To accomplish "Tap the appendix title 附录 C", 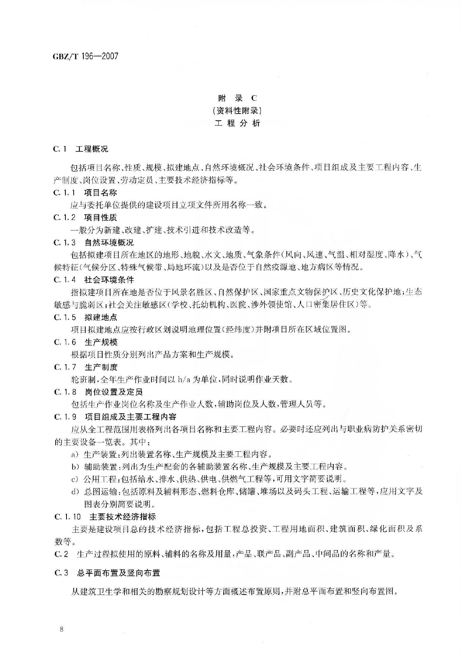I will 238,98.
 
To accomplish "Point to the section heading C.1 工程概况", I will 81,149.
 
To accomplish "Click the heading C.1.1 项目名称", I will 85,193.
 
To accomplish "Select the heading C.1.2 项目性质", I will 85,217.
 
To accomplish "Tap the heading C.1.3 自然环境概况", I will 94,243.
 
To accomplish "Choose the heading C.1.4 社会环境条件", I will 94,280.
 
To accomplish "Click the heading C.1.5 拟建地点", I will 85,317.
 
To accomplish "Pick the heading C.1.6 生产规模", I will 86,342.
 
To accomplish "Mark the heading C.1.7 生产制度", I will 86,367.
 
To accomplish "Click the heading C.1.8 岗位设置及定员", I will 98,392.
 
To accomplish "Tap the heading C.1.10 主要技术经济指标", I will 105,517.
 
